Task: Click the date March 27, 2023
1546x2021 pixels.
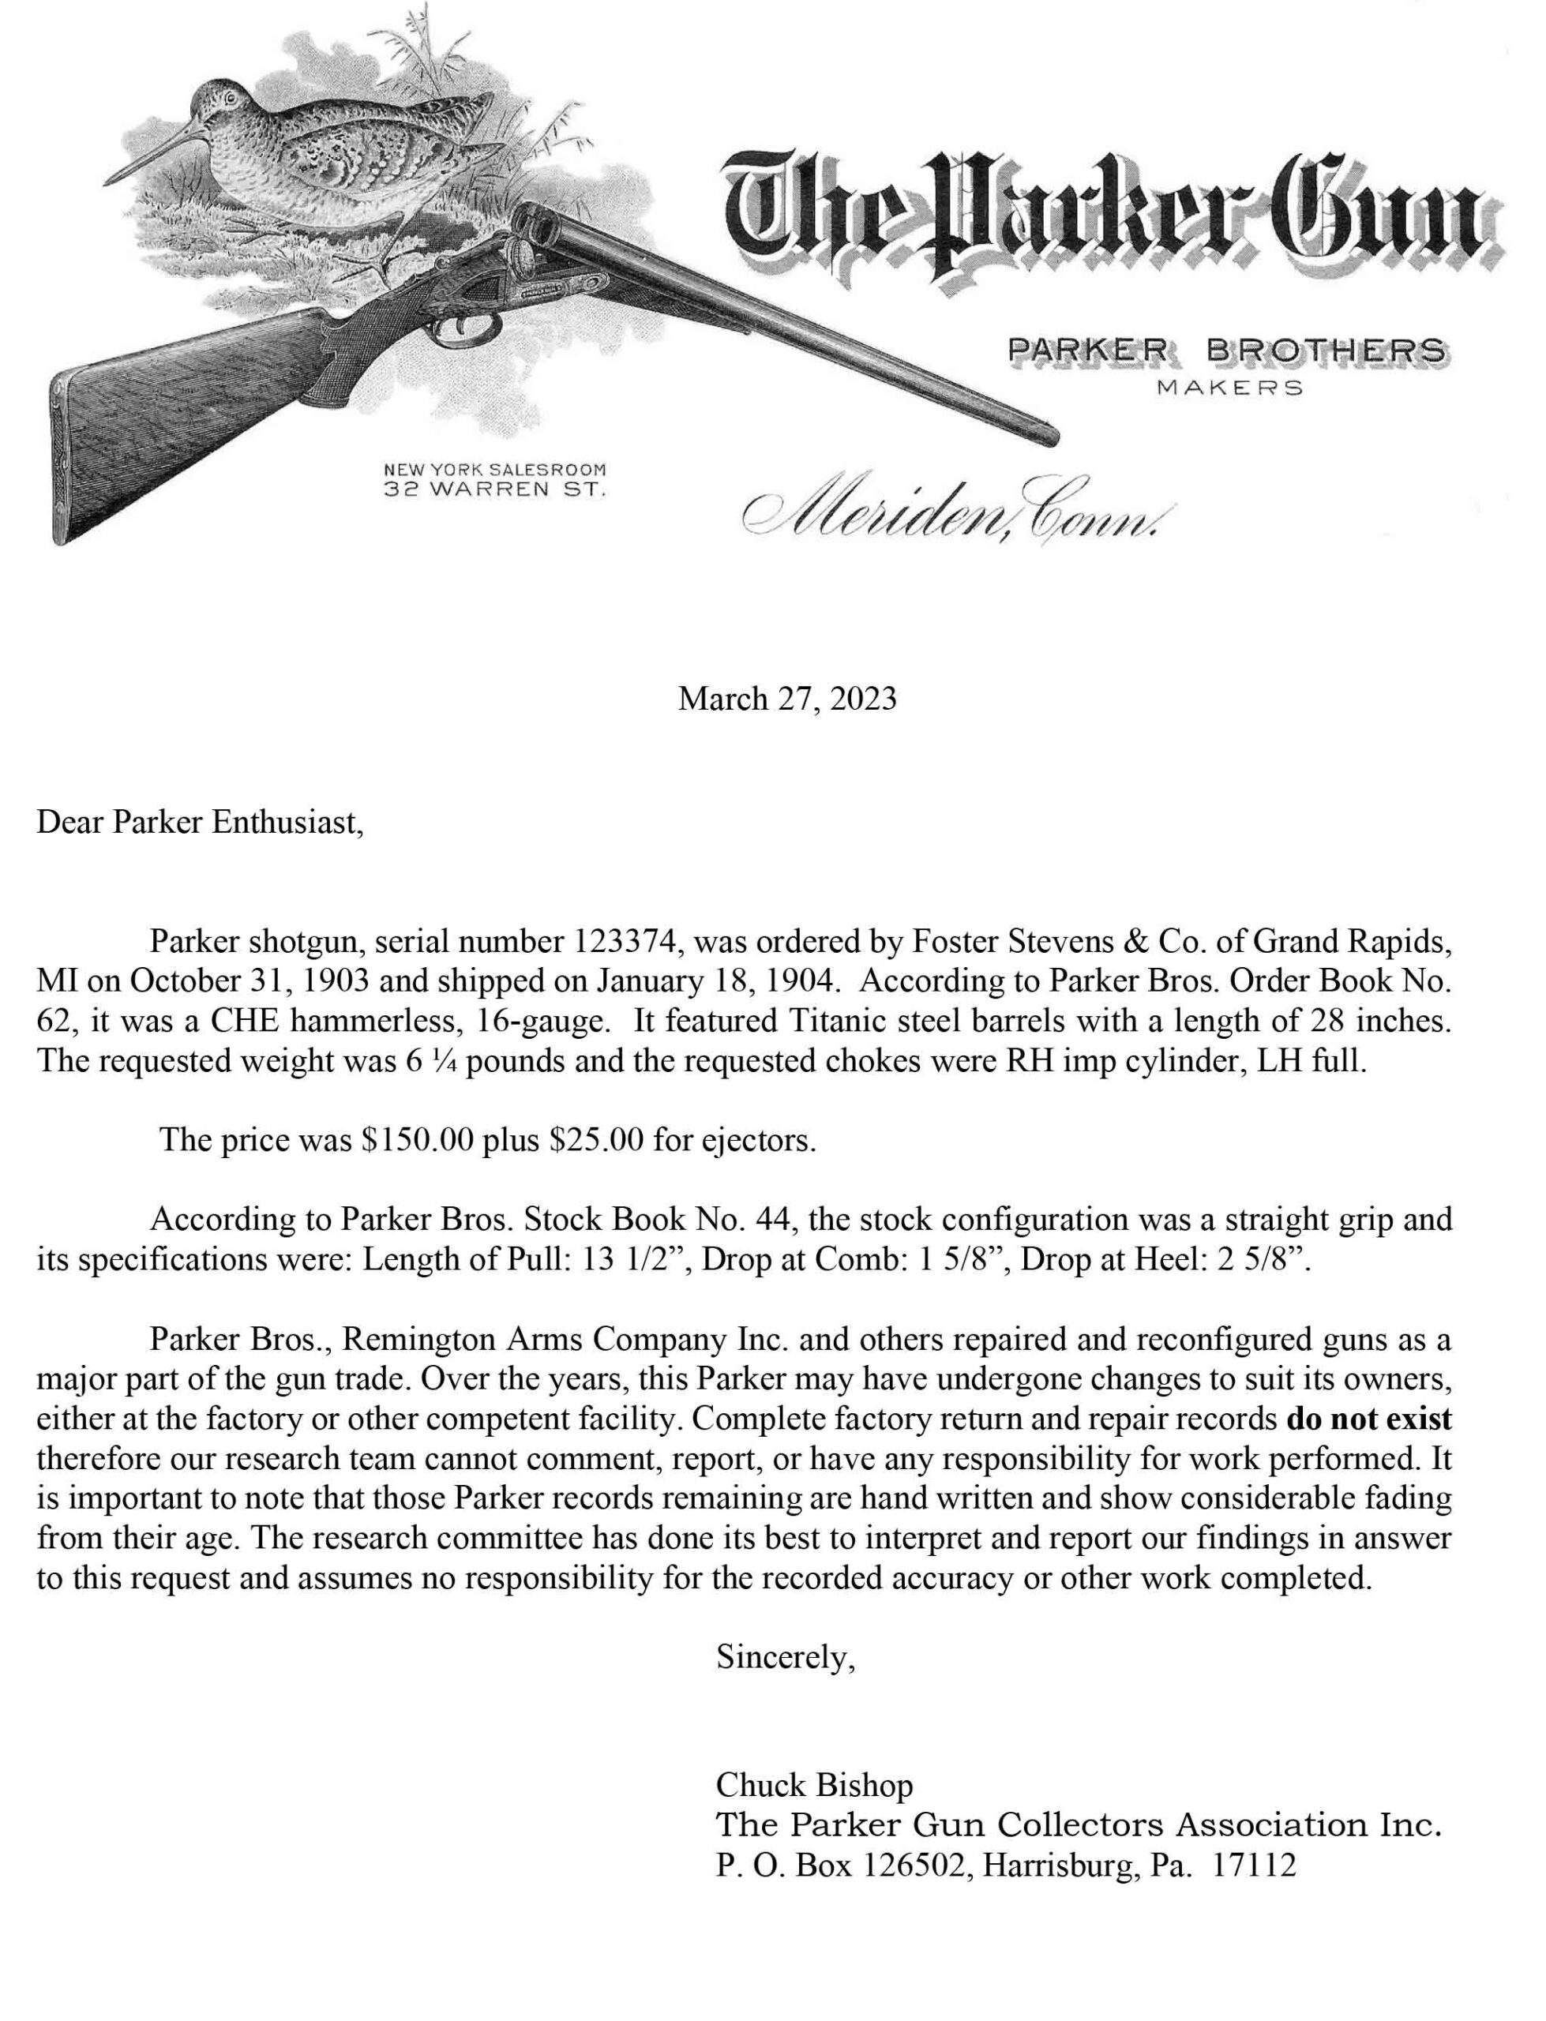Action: [786, 700]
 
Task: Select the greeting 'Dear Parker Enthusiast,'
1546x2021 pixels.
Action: [200, 823]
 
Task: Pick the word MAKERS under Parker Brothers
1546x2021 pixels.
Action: [1229, 388]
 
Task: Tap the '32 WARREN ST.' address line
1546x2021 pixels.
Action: [494, 490]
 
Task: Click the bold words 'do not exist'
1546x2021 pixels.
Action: [1368, 1419]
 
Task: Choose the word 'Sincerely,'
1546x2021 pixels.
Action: [786, 1658]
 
